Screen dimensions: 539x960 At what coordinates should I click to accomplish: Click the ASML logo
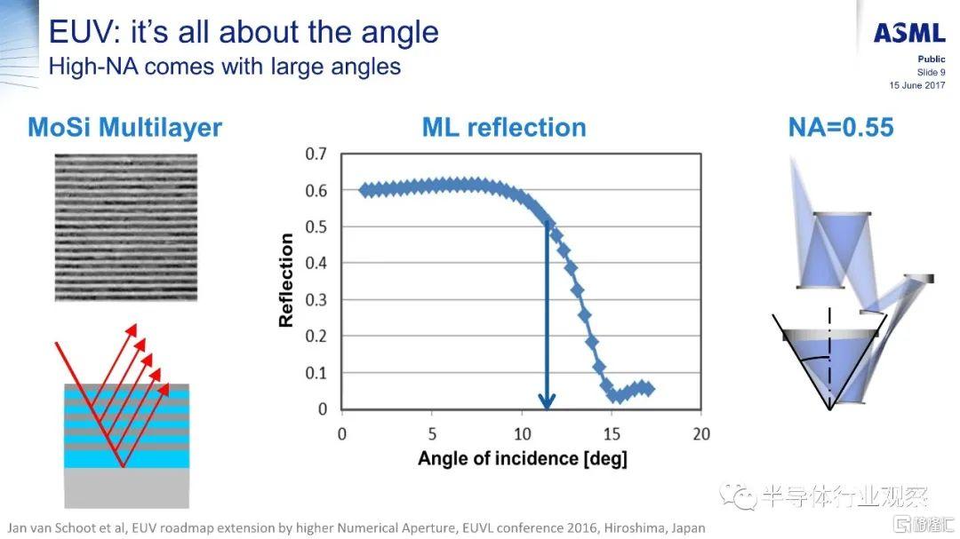[909, 34]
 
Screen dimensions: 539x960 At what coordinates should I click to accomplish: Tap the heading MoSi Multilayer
[124, 128]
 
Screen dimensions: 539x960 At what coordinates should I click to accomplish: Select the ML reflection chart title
[503, 128]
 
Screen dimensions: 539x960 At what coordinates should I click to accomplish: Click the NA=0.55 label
[841, 128]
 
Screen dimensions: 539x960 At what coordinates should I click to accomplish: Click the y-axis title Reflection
[286, 281]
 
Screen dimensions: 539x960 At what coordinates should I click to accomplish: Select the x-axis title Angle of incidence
[523, 459]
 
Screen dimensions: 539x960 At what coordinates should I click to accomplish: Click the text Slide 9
[931, 72]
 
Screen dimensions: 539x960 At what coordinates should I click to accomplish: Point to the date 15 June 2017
[917, 85]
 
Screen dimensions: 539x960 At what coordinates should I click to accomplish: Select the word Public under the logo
[932, 59]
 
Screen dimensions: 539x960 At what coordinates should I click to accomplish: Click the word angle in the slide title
[399, 33]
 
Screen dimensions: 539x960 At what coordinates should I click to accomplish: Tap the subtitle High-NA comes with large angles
[224, 66]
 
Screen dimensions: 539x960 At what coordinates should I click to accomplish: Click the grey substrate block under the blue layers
[126, 487]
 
